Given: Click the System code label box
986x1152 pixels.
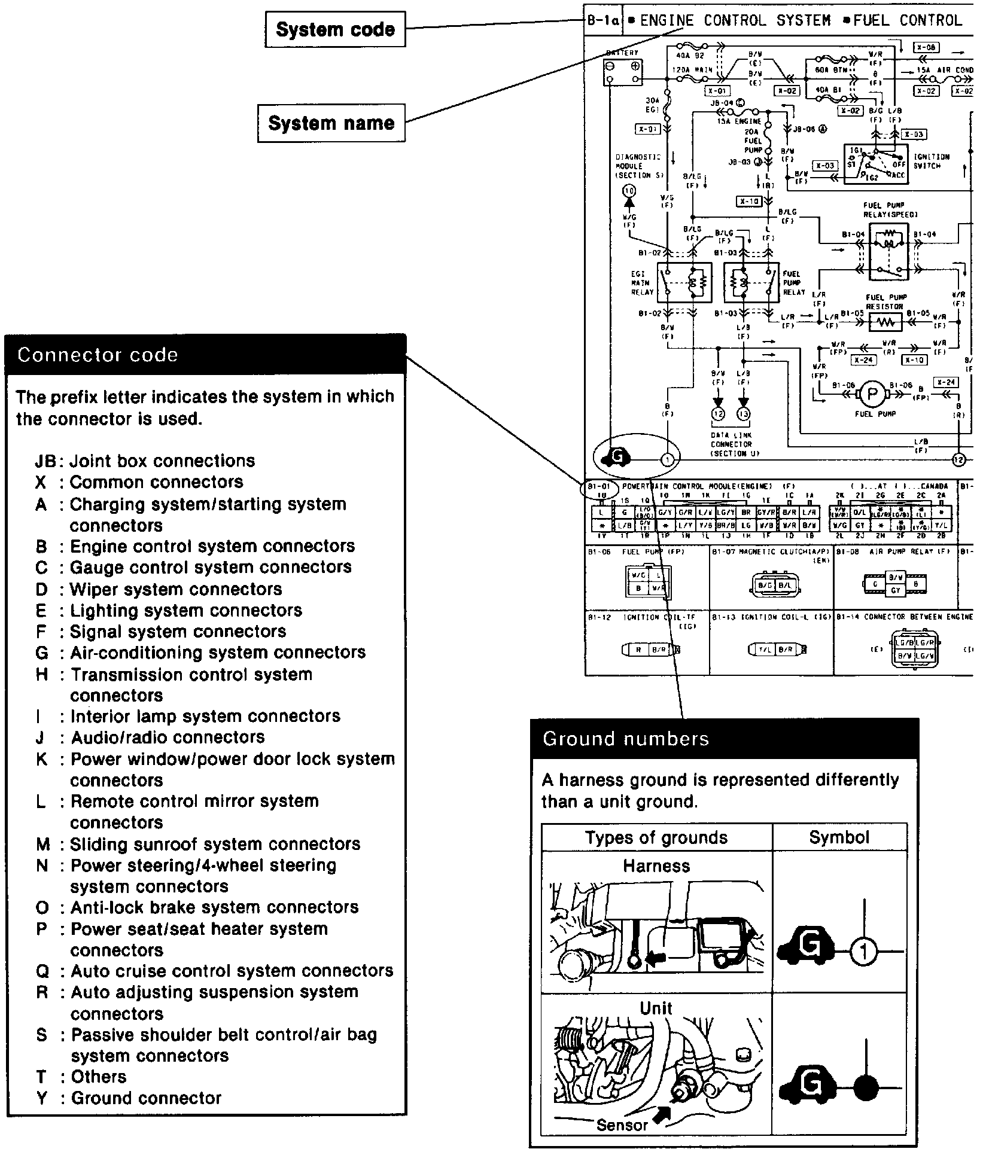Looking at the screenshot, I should pyautogui.click(x=335, y=30).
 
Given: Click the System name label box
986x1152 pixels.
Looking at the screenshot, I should pyautogui.click(x=331, y=123).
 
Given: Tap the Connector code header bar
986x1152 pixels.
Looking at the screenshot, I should pyautogui.click(x=205, y=355).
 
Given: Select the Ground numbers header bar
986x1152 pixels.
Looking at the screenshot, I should pyautogui.click(x=724, y=739).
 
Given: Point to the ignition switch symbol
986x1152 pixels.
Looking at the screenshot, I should pyautogui.click(x=875, y=163).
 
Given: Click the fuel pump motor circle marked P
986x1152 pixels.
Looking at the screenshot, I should pyautogui.click(x=872, y=394).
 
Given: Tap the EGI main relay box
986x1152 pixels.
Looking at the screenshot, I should pyautogui.click(x=684, y=282).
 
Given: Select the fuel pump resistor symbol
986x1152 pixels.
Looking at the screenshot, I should pyautogui.click(x=884, y=323).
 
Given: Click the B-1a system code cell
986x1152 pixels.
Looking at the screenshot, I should pyautogui.click(x=603, y=21).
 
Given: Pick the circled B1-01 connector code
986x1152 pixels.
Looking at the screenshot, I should pyautogui.click(x=598, y=487).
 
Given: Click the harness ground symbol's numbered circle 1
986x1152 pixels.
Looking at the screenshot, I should pyautogui.click(x=863, y=951).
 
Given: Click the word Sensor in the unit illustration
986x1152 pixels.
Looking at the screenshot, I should pyautogui.click(x=622, y=1124).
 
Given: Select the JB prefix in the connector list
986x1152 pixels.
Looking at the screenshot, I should pyautogui.click(x=45, y=461).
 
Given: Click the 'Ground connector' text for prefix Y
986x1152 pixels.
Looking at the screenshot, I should pyautogui.click(x=146, y=1098).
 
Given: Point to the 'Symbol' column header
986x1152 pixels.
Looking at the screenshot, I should pyautogui.click(x=839, y=837).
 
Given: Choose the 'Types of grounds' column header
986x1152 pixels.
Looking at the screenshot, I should pyautogui.click(x=656, y=837).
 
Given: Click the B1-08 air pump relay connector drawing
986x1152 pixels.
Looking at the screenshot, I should pyautogui.click(x=895, y=583).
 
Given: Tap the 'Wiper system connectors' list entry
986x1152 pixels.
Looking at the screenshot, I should pyautogui.click(x=176, y=589).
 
